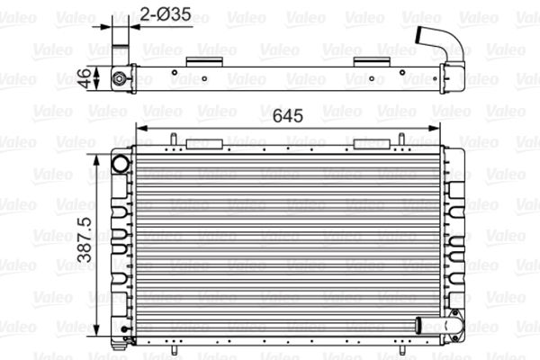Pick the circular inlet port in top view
[x=118, y=78]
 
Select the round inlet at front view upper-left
[x=120, y=163]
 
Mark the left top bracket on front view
[x=203, y=142]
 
